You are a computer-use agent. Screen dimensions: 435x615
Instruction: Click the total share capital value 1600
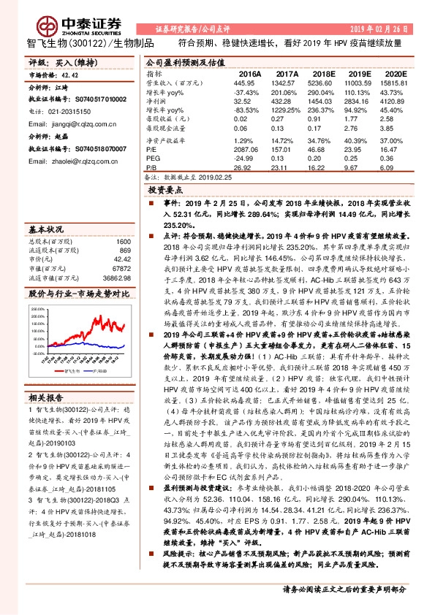coord(124,242)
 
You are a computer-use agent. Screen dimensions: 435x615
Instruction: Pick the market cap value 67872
coord(121,269)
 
